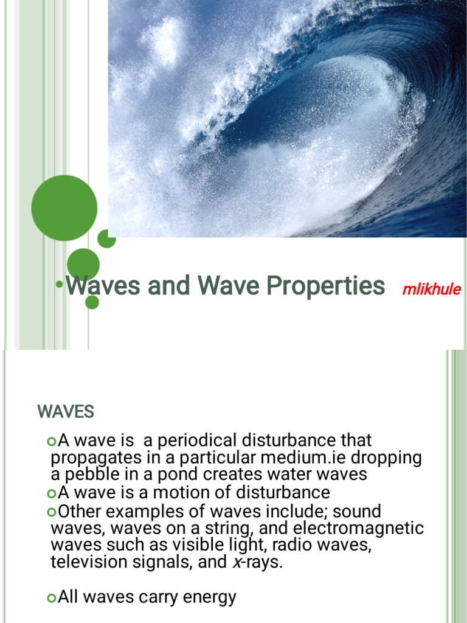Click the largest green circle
click(x=64, y=207)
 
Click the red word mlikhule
click(x=431, y=289)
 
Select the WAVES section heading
click(x=66, y=412)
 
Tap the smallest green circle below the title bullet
click(x=92, y=302)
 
